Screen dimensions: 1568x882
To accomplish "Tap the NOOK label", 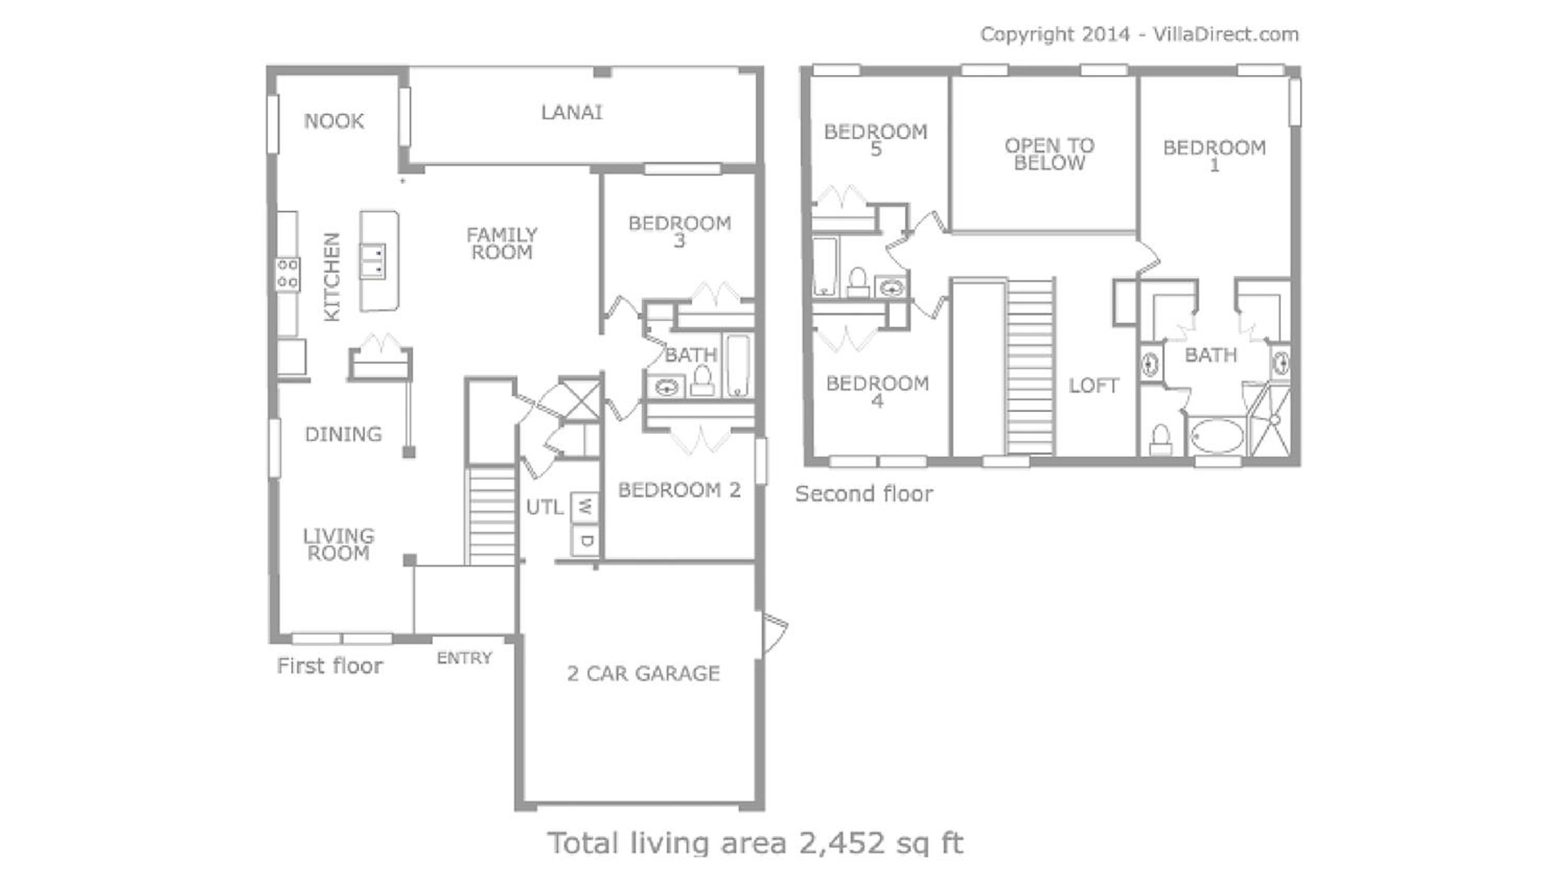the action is [334, 121].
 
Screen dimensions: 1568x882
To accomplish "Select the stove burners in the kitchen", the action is [288, 274].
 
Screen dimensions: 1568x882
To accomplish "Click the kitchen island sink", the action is [372, 261].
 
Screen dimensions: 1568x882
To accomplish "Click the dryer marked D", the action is [585, 540].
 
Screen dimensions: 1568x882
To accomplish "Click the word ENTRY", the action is [465, 658].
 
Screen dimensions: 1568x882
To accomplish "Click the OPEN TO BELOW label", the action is [1050, 154].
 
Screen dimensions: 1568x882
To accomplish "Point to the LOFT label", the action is [1094, 385].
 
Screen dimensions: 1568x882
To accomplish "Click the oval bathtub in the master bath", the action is [1217, 436].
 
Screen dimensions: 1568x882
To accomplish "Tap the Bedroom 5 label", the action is [876, 140].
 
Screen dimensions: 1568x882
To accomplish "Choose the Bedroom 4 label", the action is [877, 391].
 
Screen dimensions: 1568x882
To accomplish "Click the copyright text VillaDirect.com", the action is [1226, 34].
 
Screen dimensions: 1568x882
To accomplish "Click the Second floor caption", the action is [864, 494].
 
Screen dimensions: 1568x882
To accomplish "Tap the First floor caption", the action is [330, 666].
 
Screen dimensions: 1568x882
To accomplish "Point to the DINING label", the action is [343, 435].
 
